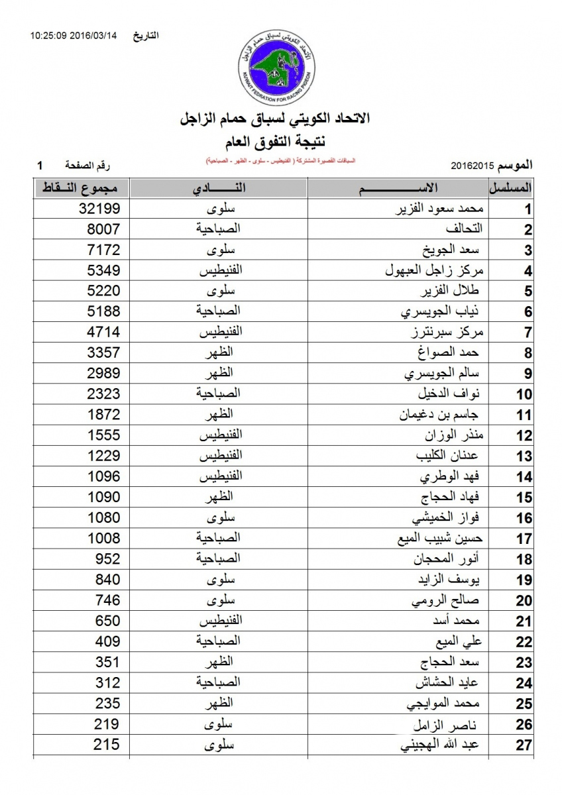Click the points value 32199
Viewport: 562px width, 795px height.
pos(97,209)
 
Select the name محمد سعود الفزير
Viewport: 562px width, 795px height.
pos(440,209)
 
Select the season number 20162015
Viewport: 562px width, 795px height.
pos(471,164)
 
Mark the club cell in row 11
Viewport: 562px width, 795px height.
pos(219,415)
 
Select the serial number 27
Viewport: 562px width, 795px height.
pos(524,745)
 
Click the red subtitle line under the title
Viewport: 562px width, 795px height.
pos(280,161)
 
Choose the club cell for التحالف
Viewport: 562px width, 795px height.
pos(219,230)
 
